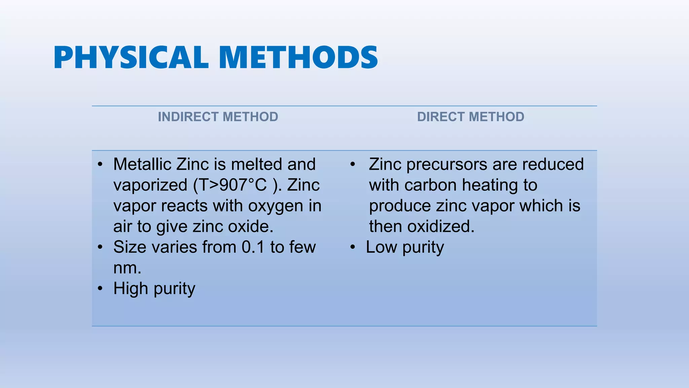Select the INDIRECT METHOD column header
218,117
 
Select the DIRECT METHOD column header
471,117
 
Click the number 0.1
253,247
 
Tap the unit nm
127,268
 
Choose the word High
131,289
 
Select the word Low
381,247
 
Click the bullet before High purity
100,289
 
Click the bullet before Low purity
352,247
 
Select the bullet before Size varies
100,247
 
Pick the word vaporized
150,185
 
